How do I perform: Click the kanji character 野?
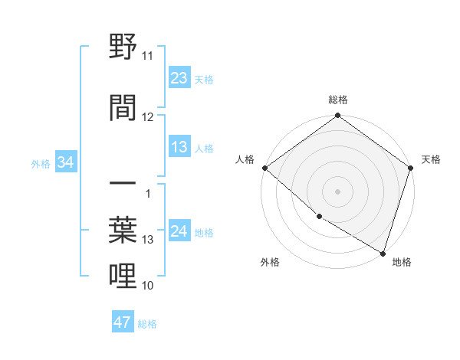[x=123, y=48]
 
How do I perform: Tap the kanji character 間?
[x=123, y=107]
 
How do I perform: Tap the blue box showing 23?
[x=179, y=78]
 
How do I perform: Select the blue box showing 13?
[x=179, y=147]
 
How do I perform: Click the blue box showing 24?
[x=179, y=232]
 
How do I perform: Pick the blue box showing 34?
[x=66, y=162]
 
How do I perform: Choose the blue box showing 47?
[x=123, y=322]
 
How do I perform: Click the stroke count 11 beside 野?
[x=148, y=56]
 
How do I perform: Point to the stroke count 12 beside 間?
[x=148, y=116]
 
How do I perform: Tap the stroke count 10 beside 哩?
[x=148, y=286]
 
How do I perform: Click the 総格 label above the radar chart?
[x=338, y=100]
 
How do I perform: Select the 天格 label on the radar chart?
[x=431, y=159]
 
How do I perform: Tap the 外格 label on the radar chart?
[x=270, y=262]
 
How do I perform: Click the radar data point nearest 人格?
[x=264, y=168]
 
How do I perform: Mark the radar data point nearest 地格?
[x=383, y=253]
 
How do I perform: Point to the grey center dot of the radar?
[x=337, y=191]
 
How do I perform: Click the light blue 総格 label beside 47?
[x=147, y=323]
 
